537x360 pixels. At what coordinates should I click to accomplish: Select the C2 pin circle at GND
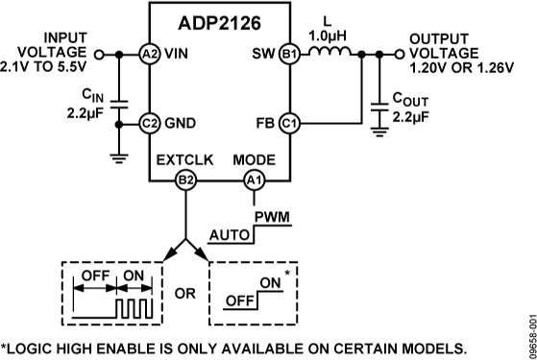149,123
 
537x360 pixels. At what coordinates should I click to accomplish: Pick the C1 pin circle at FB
288,123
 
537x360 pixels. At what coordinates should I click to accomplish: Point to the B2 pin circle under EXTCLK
186,180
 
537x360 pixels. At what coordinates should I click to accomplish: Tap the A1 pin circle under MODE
254,180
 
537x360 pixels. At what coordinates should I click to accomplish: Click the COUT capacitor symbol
381,108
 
